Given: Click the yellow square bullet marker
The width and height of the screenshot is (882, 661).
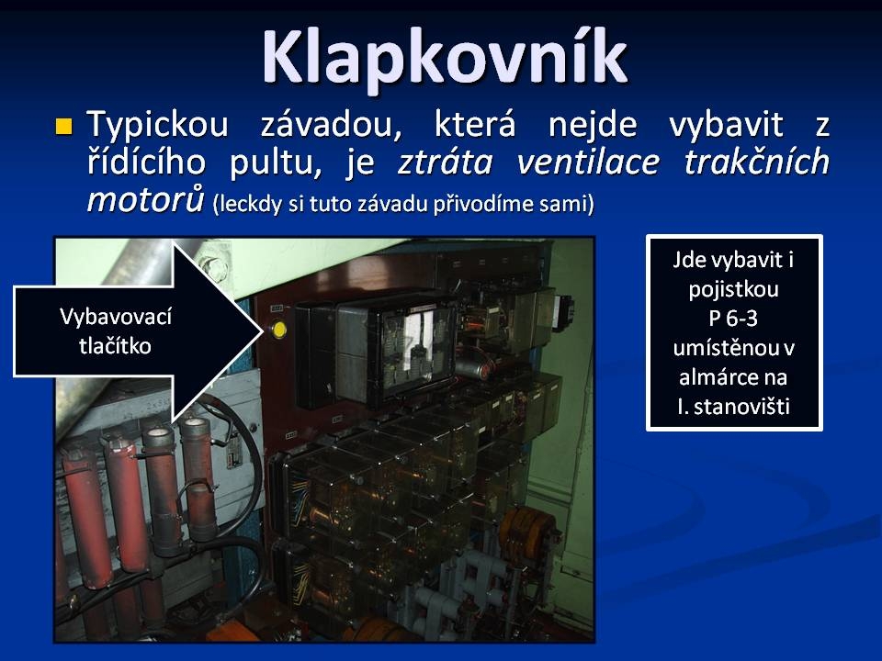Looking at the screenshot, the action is point(64,126).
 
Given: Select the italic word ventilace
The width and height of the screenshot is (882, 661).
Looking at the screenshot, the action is point(588,163).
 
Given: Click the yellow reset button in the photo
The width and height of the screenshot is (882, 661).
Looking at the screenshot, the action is point(278,330).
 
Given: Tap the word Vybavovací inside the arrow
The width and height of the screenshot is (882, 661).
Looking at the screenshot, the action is point(116,317).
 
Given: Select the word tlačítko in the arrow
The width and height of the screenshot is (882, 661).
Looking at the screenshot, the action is point(116,346).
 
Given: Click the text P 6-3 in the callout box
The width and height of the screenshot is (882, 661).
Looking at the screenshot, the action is point(733,319).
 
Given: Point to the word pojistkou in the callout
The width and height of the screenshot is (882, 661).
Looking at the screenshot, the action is point(733,290).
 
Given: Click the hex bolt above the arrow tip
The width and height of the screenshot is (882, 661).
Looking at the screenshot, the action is point(214,267).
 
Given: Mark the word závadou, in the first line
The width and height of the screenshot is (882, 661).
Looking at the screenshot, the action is point(332,125).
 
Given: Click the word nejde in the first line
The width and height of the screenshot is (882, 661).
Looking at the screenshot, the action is point(593,125).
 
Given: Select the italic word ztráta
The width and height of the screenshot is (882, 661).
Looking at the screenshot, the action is point(445,163).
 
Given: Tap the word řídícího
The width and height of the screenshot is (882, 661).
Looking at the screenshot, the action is point(146,163).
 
